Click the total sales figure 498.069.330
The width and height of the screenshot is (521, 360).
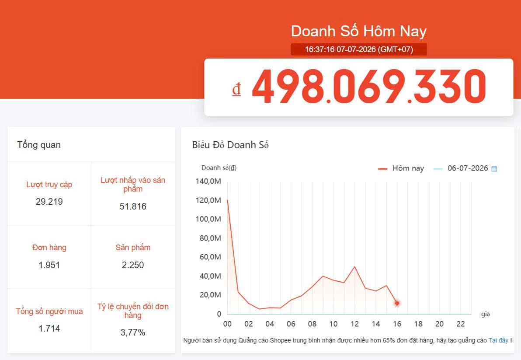pos(369,87)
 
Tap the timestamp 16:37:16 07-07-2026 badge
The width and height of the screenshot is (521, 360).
pos(359,49)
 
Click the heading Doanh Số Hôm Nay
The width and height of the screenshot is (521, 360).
pos(359,31)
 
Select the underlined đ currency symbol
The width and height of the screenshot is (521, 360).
pos(236,89)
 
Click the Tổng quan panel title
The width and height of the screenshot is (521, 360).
pos(39,145)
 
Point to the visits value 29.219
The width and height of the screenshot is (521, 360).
pos(49,202)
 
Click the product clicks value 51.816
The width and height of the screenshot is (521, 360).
pos(133,206)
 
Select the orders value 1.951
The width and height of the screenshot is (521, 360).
pos(49,265)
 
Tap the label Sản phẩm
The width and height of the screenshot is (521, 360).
pos(133,248)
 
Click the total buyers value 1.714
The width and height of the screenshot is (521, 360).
pos(49,329)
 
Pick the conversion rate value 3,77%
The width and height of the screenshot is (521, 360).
pos(133,332)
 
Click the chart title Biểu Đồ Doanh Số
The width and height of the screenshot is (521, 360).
pos(230,145)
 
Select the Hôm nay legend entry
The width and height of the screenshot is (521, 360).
pos(401,168)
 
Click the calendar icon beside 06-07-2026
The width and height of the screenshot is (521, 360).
pos(494,168)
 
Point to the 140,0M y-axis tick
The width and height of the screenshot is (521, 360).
pos(208,181)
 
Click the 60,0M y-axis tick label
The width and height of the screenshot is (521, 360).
pos(210,257)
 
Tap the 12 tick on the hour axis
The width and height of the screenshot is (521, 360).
pos(354,324)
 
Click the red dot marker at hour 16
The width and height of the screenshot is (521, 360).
pos(397,303)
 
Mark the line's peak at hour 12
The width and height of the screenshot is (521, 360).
pos(355,266)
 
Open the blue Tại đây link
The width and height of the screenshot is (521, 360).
pos(498,340)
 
